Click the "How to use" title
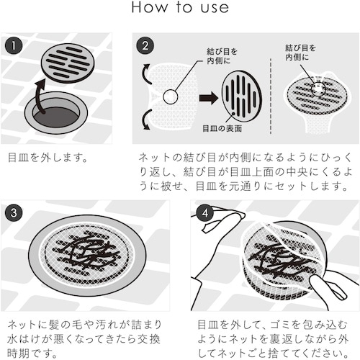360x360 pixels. (x=180, y=7)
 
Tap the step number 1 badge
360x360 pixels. (x=14, y=45)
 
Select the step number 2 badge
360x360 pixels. (x=145, y=45)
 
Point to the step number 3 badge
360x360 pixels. (x=14, y=212)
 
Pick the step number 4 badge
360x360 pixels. (x=204, y=212)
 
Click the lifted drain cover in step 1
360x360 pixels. (x=68, y=63)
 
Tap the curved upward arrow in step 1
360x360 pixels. (x=38, y=96)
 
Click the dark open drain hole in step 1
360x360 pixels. (x=56, y=117)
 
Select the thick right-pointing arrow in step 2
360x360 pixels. (x=209, y=98)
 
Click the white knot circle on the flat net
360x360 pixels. (x=171, y=96)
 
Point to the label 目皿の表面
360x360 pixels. (x=222, y=129)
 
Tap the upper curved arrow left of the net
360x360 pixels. (x=147, y=73)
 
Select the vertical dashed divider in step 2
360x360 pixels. (x=271, y=96)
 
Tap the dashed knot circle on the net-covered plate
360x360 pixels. (x=318, y=89)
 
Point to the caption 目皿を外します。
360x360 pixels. (x=48, y=158)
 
